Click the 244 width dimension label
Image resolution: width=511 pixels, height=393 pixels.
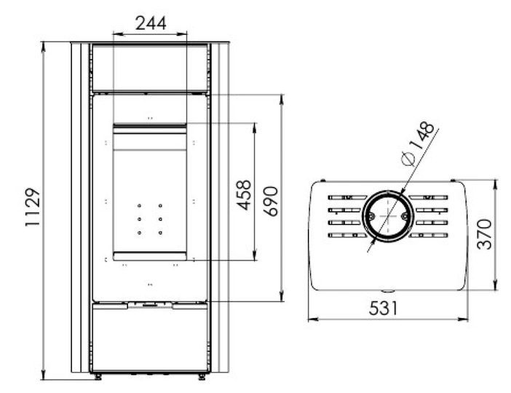point(151,23)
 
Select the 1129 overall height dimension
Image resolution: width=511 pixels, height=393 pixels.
point(33,207)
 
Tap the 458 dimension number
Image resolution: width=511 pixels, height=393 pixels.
point(244,195)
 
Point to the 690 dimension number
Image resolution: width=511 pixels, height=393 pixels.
point(271,202)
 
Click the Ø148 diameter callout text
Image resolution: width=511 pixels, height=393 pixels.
point(418,143)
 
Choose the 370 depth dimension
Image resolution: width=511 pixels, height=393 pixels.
point(484,234)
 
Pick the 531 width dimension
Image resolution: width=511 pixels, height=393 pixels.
point(383,309)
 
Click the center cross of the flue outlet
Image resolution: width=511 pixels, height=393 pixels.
point(388,216)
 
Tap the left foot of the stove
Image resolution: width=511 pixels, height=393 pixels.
point(97,377)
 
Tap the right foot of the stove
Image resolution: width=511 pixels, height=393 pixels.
point(202,377)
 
